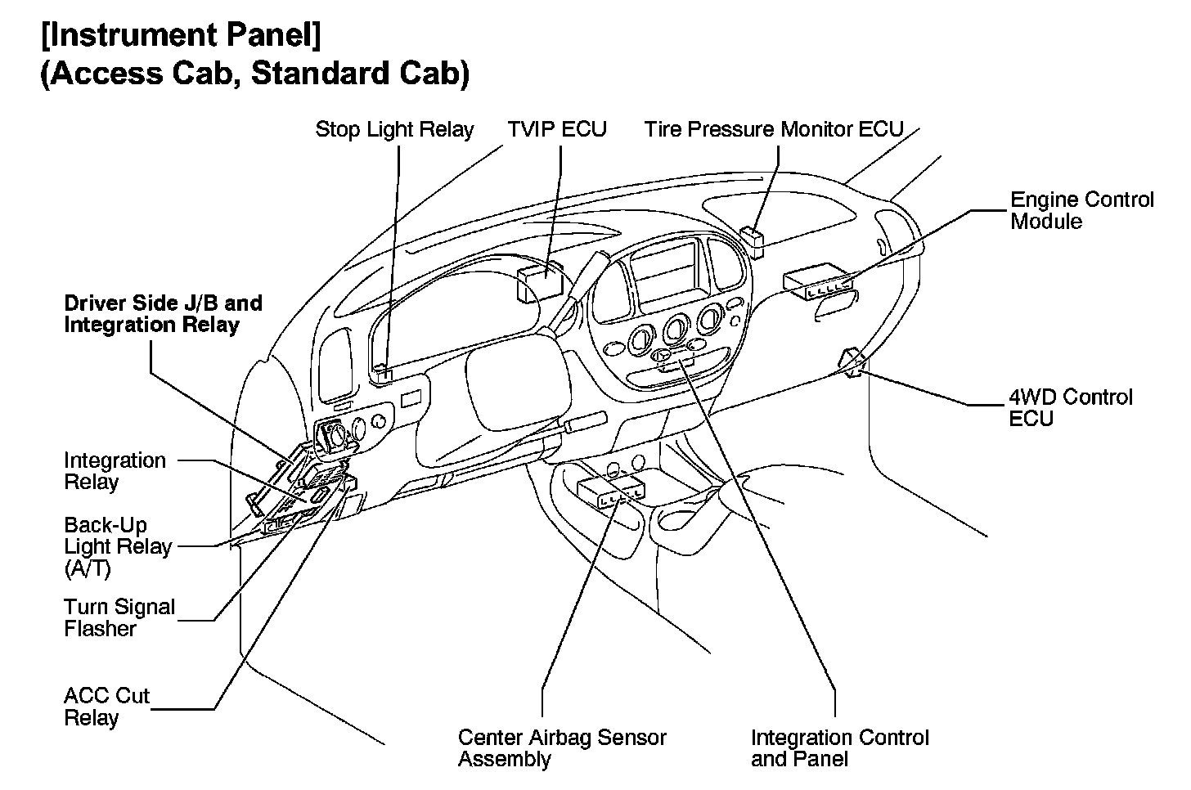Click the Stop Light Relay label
(394, 129)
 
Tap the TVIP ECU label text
(557, 129)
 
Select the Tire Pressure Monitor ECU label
(773, 129)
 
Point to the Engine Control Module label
(1081, 210)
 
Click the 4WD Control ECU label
(1070, 407)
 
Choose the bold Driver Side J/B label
(163, 314)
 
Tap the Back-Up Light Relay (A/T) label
(118, 546)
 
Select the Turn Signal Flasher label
(119, 617)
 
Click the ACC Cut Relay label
(106, 707)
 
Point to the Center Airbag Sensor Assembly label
(561, 747)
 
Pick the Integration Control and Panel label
(839, 747)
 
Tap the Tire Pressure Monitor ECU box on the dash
(753, 237)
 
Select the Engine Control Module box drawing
(818, 283)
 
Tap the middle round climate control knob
(676, 330)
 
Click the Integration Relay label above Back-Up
(115, 471)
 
